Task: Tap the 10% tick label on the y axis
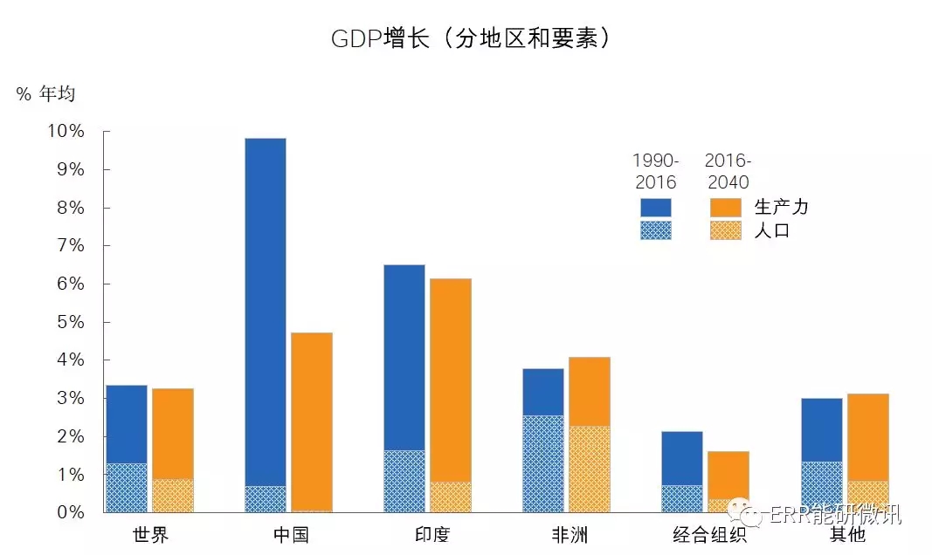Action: [66, 132]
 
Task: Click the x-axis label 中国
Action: [290, 534]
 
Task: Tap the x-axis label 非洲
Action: [568, 534]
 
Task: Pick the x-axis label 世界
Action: [150, 534]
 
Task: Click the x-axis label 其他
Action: [846, 534]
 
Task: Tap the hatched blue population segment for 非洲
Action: [543, 463]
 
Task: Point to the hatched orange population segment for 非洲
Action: [590, 469]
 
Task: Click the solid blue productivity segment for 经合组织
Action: [682, 458]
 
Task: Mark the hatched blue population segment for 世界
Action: [127, 487]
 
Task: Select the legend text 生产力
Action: [781, 207]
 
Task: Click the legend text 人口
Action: [771, 230]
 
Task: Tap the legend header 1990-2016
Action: [655, 171]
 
